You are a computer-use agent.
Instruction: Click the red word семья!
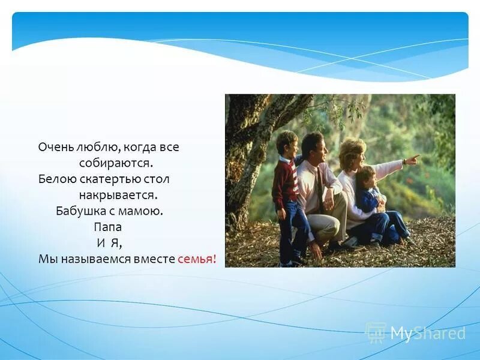point(197,259)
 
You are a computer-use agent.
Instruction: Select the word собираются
point(116,163)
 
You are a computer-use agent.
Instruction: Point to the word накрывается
point(118,195)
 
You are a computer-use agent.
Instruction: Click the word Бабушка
point(80,211)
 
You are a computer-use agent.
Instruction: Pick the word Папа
point(107,227)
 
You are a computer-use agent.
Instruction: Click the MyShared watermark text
point(427,333)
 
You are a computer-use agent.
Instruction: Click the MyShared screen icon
point(376,332)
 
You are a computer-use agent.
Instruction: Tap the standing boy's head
point(286,143)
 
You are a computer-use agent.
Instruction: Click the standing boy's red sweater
point(284,183)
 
